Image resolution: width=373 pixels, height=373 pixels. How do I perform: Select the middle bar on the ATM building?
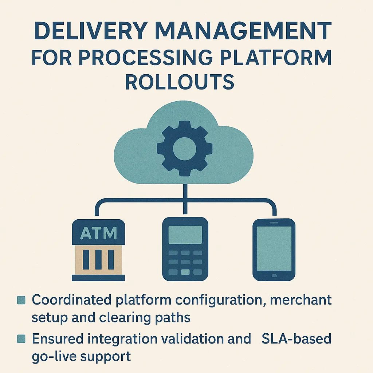coord(98,259)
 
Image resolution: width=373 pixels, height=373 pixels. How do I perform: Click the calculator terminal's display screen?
coord(185,235)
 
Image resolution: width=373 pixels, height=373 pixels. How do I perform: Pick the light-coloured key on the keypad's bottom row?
coord(185,272)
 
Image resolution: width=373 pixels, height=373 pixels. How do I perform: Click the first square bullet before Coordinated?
coord(21,300)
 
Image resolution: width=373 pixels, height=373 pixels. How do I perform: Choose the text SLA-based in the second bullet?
coord(296,339)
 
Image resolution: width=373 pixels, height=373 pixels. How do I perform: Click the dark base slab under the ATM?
coord(98,278)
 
